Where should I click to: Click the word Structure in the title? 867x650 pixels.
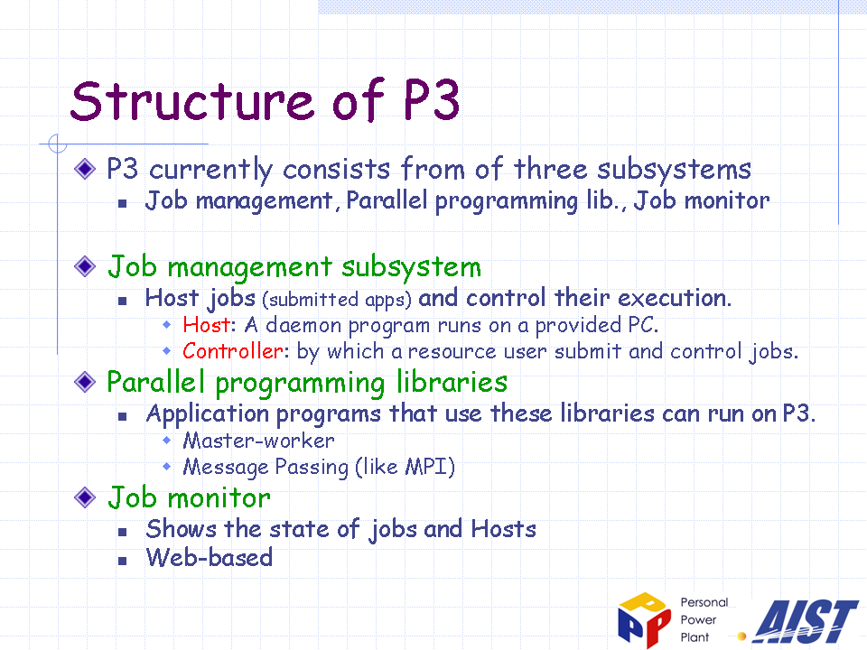point(192,100)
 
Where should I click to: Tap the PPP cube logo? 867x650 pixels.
point(644,620)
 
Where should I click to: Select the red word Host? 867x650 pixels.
point(206,325)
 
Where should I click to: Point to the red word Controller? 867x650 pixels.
point(233,351)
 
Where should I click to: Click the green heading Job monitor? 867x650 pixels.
point(189,497)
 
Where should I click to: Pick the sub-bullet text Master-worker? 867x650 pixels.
point(259,441)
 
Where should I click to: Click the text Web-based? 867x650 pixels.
point(210,557)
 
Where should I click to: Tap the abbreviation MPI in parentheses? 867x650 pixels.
point(426,467)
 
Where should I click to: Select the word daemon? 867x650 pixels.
point(303,325)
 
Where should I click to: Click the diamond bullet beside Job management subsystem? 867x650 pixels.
point(85,266)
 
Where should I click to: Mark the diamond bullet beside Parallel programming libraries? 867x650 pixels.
point(85,381)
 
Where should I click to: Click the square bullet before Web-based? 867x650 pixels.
point(123,561)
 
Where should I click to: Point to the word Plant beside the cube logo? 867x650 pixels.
point(695,637)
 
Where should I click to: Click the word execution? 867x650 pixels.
point(675,298)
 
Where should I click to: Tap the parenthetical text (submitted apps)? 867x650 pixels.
point(337,300)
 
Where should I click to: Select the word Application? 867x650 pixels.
point(208,414)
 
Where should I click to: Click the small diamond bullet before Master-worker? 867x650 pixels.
point(167,441)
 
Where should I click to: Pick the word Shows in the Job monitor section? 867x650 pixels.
point(182,529)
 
